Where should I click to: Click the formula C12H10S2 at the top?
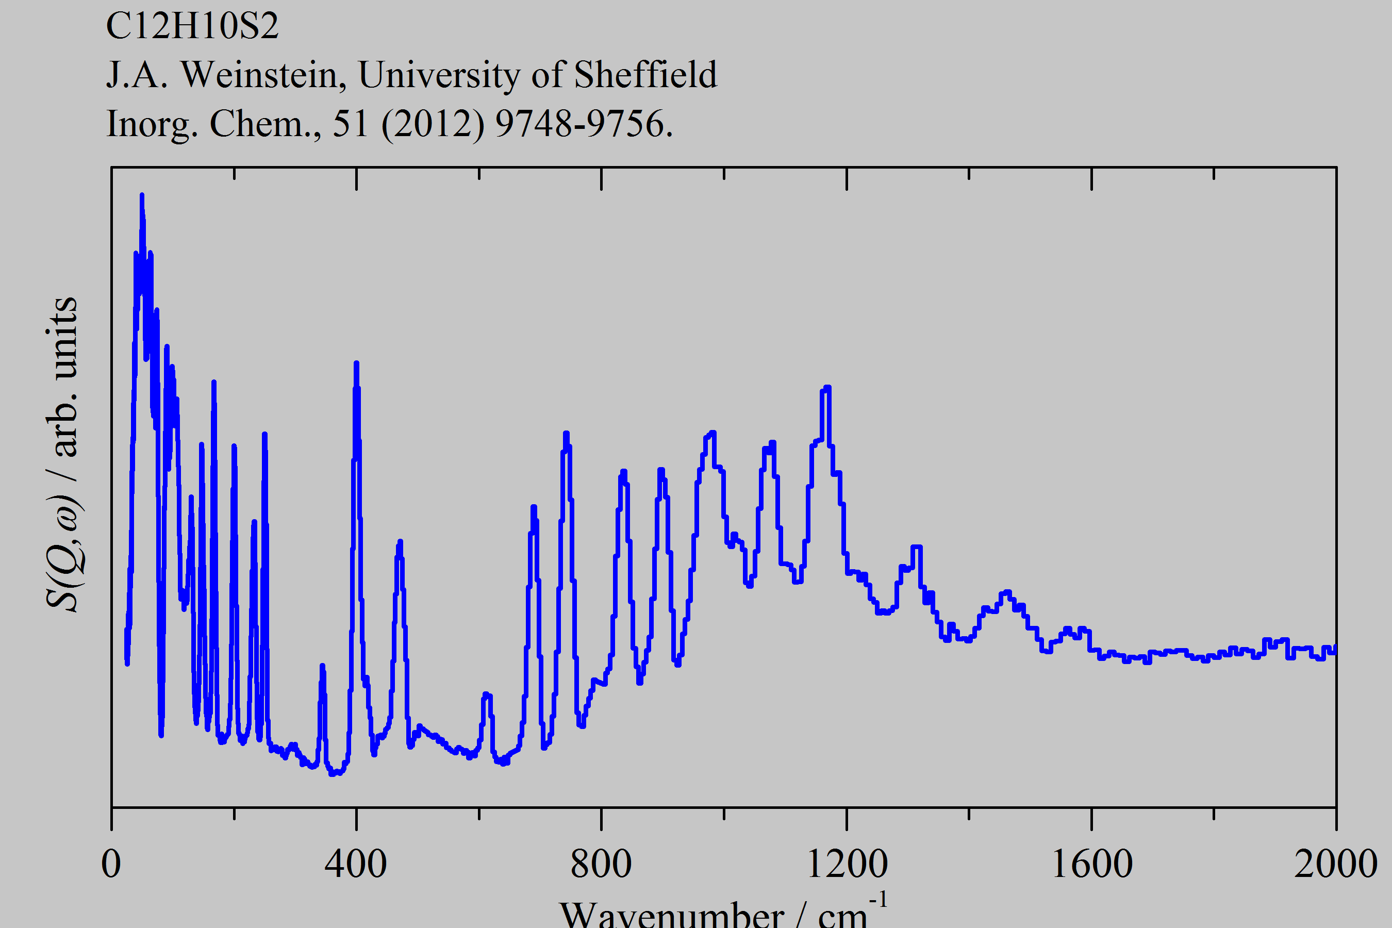[x=192, y=26]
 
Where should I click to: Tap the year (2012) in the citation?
[x=433, y=124]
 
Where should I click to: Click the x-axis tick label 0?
[x=111, y=864]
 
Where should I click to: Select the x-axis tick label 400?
[x=356, y=864]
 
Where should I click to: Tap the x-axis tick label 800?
[x=601, y=864]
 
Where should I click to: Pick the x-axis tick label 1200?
[x=847, y=864]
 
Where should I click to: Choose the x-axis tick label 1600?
[x=1092, y=864]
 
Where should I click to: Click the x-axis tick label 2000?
[x=1336, y=864]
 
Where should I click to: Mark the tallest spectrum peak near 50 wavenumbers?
[x=141, y=195]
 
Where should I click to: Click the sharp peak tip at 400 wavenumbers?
[x=356, y=363]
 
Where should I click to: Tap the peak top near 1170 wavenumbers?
[x=827, y=388]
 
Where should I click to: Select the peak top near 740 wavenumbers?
[x=566, y=434]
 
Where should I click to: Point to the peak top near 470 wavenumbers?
[x=400, y=541]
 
